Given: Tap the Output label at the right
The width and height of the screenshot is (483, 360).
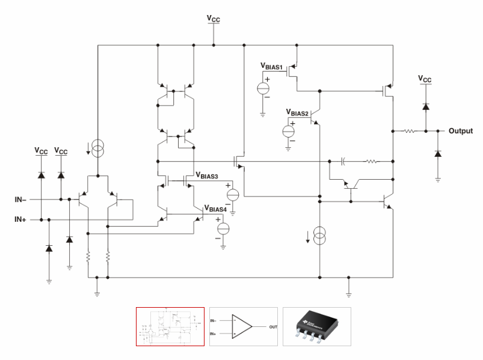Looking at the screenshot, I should pyautogui.click(x=460, y=131).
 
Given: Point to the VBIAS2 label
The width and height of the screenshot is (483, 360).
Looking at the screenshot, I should pyautogui.click(x=298, y=112).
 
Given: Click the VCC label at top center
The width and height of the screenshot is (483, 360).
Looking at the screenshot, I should pyautogui.click(x=214, y=19).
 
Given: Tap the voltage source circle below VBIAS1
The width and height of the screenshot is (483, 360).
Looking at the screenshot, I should pyautogui.click(x=263, y=88).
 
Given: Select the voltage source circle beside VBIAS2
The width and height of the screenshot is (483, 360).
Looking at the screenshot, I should pyautogui.click(x=289, y=130).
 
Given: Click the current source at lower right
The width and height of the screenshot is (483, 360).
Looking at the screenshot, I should pyautogui.click(x=319, y=237).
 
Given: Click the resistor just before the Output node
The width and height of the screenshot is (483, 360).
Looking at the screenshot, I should pyautogui.click(x=410, y=131).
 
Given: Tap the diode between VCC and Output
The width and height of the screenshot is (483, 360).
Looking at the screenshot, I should pyautogui.click(x=425, y=106).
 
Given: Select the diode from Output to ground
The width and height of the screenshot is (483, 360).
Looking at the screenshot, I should pyautogui.click(x=437, y=155).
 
